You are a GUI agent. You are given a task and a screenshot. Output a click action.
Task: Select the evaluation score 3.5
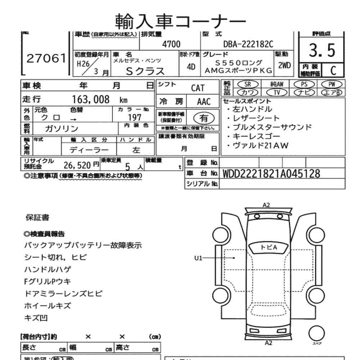321,51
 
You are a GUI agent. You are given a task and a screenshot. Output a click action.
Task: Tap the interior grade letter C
333,70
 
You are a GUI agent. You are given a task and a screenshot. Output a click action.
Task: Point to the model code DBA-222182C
248,44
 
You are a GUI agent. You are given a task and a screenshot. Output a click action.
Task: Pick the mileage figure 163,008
91,100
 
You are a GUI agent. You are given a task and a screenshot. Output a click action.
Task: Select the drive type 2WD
284,66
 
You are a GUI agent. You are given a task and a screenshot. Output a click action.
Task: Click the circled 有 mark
204,117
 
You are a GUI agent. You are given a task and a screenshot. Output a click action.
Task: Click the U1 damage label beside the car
199,258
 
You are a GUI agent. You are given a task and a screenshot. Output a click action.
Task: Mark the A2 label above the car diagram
266,205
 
